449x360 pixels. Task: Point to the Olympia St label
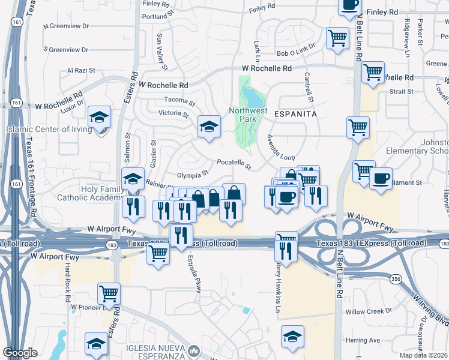(x=193, y=173)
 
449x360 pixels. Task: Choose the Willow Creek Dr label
(x=369, y=311)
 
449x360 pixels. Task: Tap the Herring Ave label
(x=363, y=340)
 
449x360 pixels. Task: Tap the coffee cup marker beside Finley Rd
(x=350, y=5)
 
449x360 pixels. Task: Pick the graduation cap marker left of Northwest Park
(x=209, y=126)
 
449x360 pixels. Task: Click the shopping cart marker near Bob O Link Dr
(x=337, y=38)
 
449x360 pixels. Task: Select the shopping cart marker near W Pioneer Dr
(x=109, y=293)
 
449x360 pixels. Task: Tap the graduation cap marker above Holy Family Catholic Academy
(x=133, y=178)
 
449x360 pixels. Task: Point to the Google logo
(x=20, y=353)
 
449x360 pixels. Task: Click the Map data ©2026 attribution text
(x=422, y=355)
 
